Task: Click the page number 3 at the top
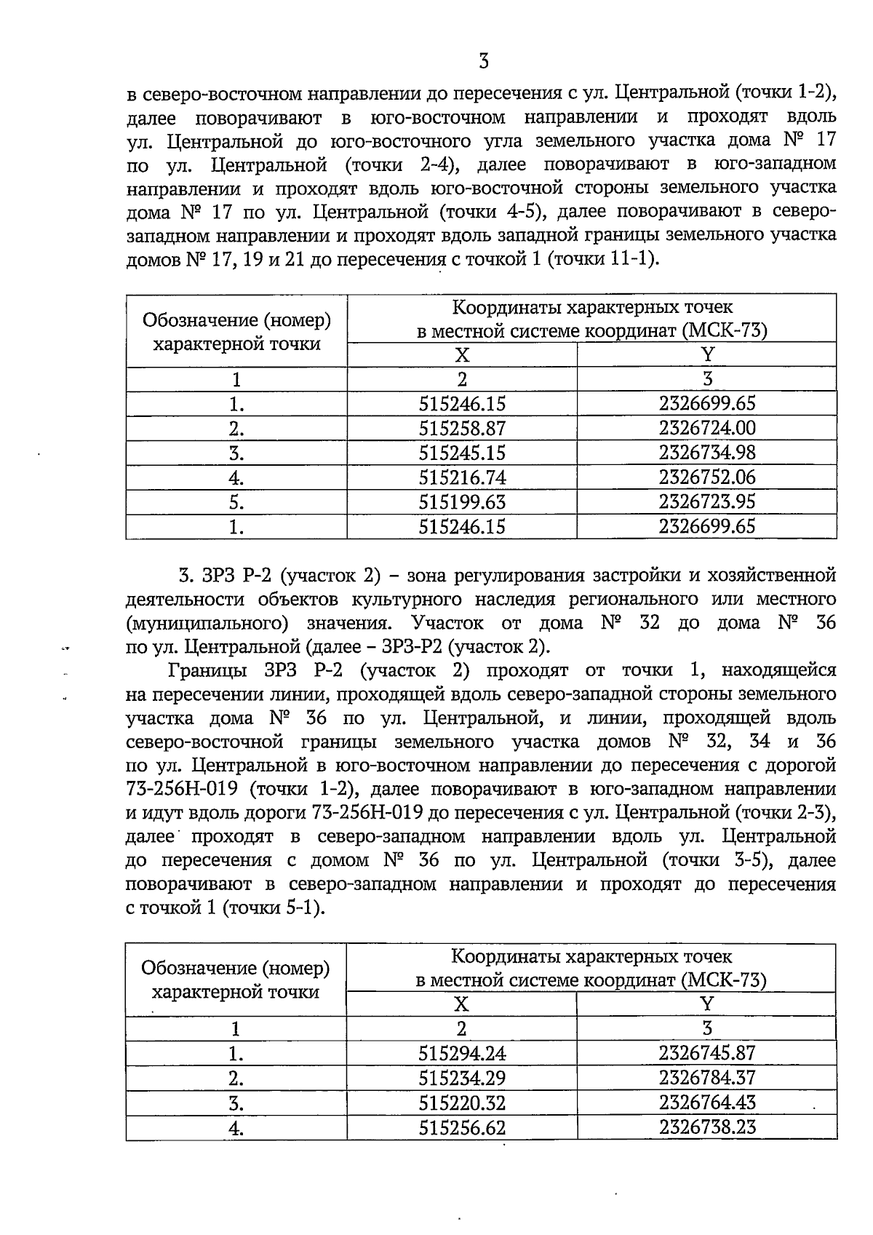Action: click(484, 62)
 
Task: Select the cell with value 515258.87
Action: click(462, 428)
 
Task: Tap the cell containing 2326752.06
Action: click(707, 477)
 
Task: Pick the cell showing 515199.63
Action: click(462, 502)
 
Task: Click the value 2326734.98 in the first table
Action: click(707, 452)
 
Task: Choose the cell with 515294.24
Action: click(462, 1053)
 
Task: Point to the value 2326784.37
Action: click(707, 1077)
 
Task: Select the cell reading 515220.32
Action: click(462, 1103)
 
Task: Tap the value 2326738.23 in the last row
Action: click(707, 1127)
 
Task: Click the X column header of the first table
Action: click(462, 355)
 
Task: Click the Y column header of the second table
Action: click(706, 1004)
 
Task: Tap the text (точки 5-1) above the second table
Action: click(273, 908)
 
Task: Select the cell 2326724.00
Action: click(707, 427)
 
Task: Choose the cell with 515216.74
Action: click(462, 477)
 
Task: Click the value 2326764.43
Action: click(707, 1102)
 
